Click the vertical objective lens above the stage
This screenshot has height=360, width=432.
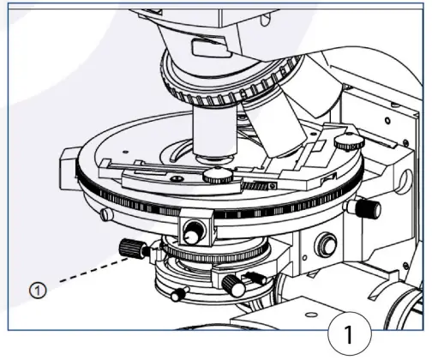213,133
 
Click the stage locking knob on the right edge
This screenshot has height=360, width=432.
368,208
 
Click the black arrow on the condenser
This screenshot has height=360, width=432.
255,277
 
